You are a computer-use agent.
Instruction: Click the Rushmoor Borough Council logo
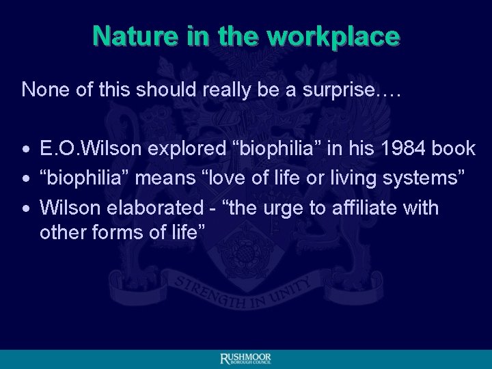(246, 359)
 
